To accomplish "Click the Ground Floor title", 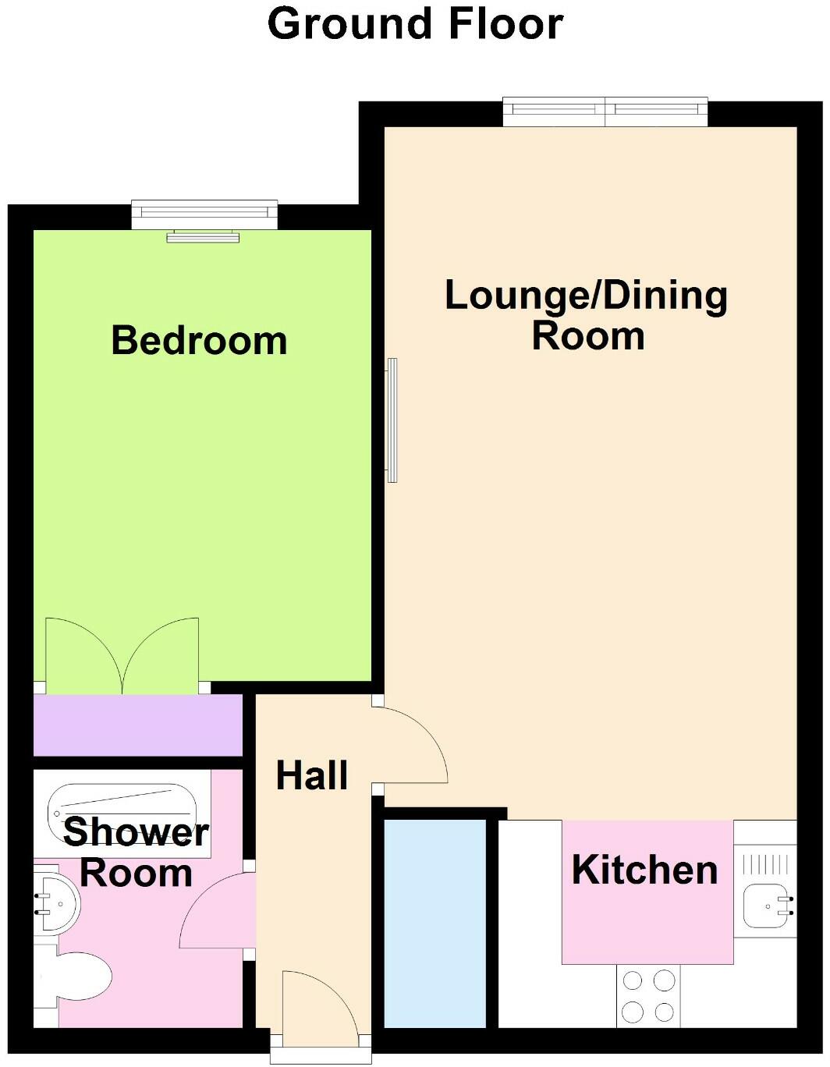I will point(415,23).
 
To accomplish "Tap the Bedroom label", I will point(199,341).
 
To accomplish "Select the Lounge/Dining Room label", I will point(587,315).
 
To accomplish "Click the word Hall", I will point(312,775).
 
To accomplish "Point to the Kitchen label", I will point(644,870).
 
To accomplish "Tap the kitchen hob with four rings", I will point(648,995).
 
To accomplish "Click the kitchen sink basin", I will point(768,907).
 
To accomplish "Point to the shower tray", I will point(121,811).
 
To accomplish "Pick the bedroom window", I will point(204,214).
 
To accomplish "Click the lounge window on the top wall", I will point(605,112).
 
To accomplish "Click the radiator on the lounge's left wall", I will point(392,420).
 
